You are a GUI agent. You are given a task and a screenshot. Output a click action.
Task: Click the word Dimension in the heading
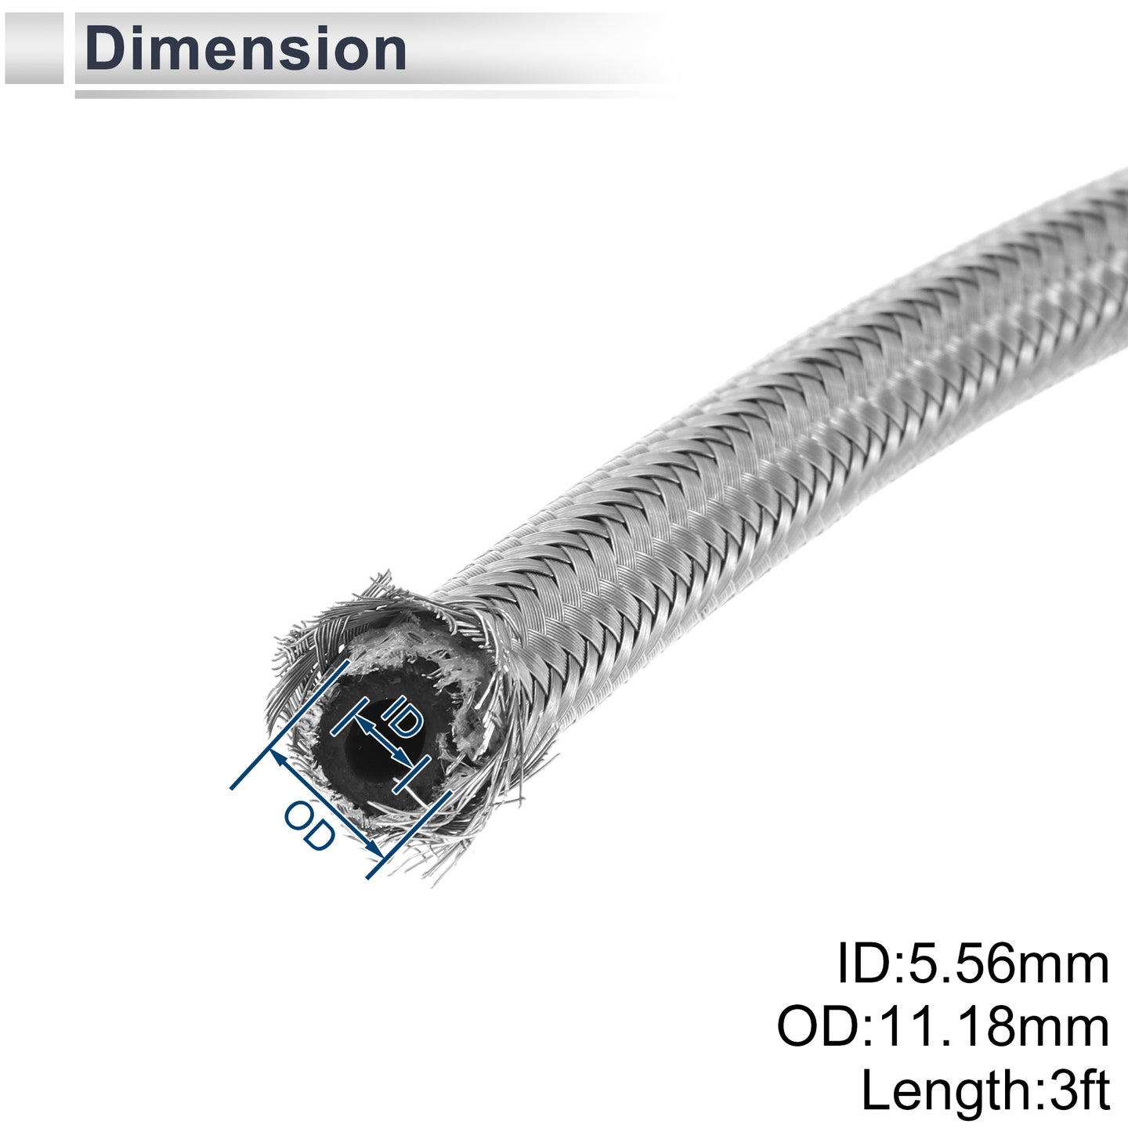[x=246, y=49]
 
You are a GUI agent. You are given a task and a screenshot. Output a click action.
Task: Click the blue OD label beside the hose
[x=310, y=826]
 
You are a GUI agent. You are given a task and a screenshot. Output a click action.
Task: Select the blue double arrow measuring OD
[x=328, y=805]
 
